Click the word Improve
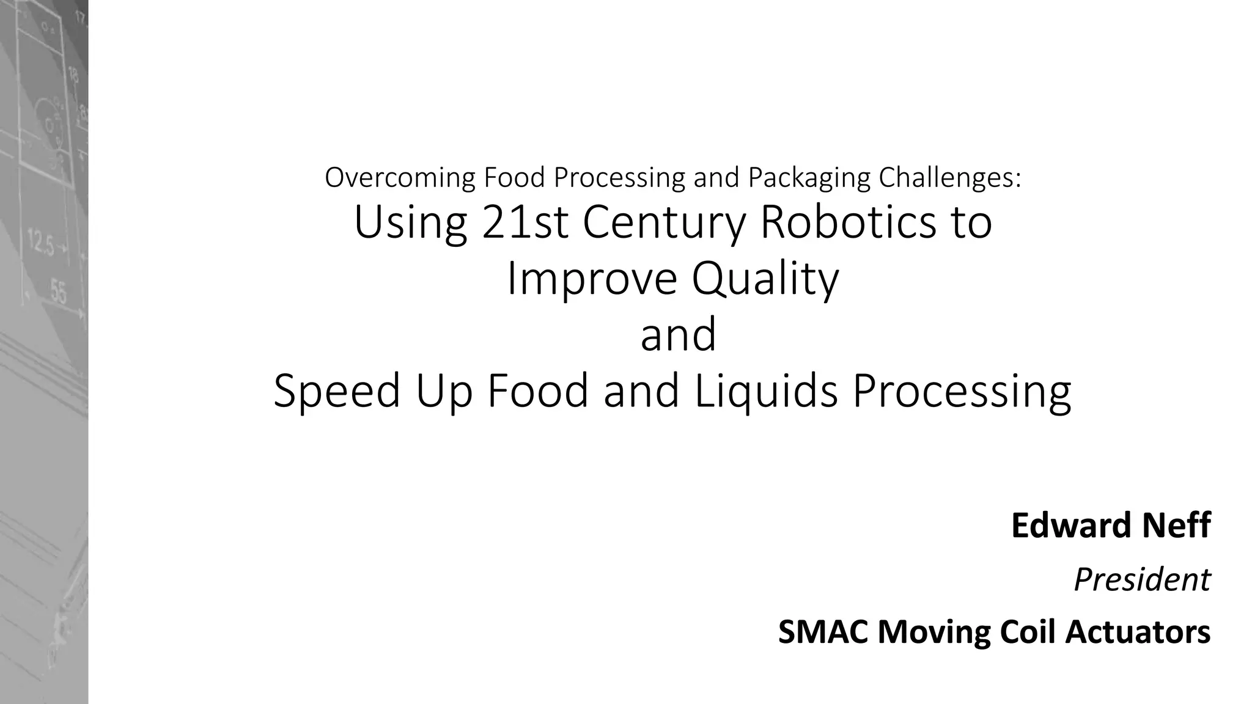[x=592, y=278]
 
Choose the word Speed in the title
[x=337, y=391]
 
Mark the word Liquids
[x=766, y=391]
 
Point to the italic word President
[x=1142, y=579]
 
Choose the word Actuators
[x=1138, y=632]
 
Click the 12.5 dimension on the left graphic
[x=40, y=243]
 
